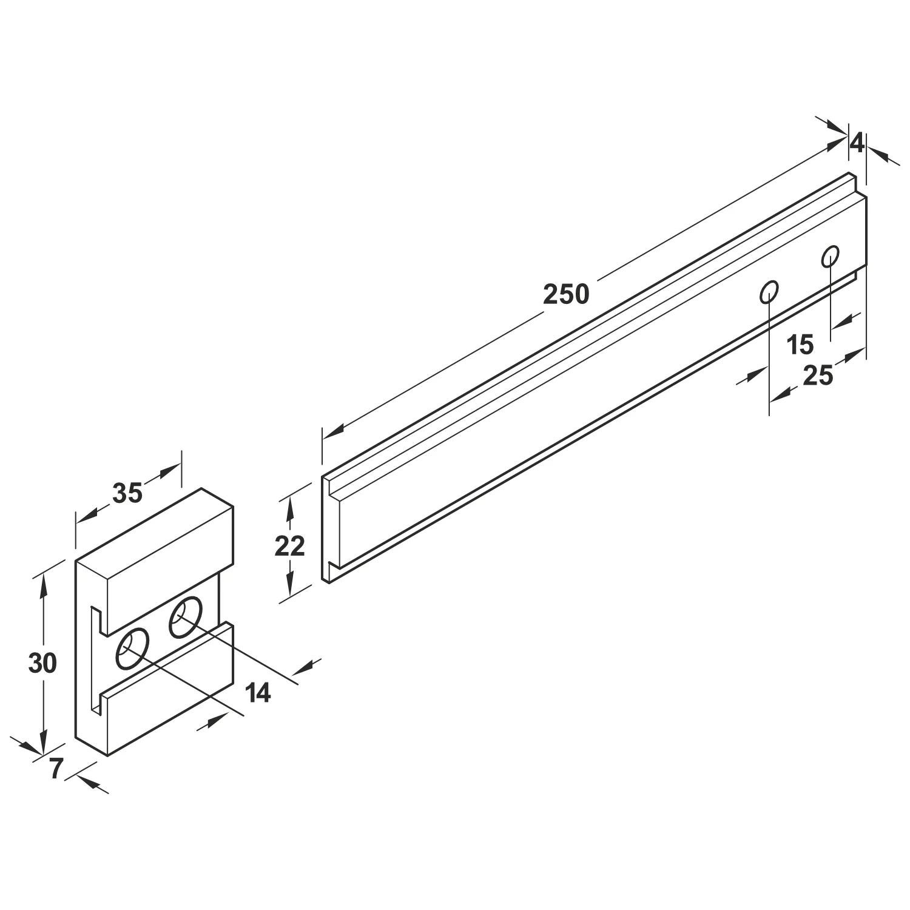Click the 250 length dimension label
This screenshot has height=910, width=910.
pos(565,295)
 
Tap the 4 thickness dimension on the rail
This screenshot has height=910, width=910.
pos(856,143)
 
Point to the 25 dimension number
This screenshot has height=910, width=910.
pos(817,376)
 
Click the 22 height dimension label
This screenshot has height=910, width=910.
pos(289,547)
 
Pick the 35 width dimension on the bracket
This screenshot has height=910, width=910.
pos(127,493)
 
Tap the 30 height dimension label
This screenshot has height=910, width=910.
pos(42,664)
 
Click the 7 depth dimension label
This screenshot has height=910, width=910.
pos(55,769)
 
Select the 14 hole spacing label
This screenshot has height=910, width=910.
pos(258,692)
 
